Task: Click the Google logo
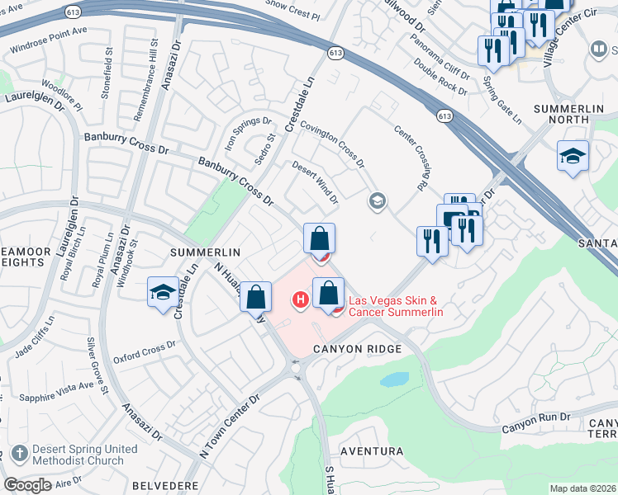click(x=27, y=485)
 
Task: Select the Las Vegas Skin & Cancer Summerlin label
click(x=397, y=307)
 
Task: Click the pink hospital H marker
click(x=302, y=299)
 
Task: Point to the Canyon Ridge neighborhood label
click(x=357, y=349)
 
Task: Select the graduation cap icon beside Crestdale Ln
click(x=161, y=292)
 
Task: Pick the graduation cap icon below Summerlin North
click(x=572, y=155)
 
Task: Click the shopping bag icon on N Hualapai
click(x=256, y=296)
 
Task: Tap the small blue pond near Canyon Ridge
click(x=394, y=379)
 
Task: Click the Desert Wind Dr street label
click(x=316, y=182)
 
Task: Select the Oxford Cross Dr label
click(x=140, y=350)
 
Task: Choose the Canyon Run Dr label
click(x=536, y=422)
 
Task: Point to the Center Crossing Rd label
click(x=414, y=157)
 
